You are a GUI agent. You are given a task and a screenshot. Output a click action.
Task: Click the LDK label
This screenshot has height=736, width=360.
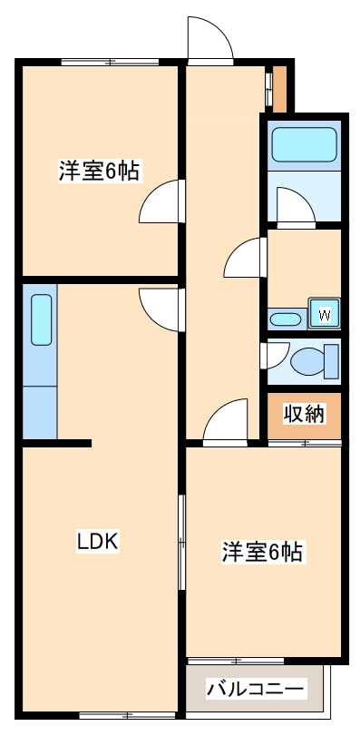click(98, 542)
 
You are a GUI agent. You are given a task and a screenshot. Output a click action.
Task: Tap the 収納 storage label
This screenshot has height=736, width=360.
click(304, 415)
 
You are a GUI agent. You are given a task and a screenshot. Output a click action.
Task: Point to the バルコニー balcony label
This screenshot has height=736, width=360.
click(254, 689)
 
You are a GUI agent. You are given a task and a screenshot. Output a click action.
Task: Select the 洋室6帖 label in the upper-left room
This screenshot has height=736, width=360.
click(99, 170)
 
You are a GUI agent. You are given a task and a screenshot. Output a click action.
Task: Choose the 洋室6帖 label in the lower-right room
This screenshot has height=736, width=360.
click(262, 551)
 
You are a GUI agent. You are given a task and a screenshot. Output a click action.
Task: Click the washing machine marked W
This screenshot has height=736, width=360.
click(324, 314)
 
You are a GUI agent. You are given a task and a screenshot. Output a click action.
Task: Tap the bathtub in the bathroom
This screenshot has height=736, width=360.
click(304, 142)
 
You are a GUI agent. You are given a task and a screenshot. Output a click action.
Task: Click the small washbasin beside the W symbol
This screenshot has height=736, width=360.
click(287, 319)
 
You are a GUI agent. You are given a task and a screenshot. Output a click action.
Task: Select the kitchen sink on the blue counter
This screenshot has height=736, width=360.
click(42, 319)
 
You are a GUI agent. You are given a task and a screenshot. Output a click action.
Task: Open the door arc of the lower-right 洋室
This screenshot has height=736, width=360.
click(226, 421)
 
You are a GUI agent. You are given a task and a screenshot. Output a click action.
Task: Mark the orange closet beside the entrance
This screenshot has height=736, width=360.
click(280, 88)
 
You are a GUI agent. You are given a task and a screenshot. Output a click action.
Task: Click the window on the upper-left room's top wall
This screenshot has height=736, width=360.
click(111, 62)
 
